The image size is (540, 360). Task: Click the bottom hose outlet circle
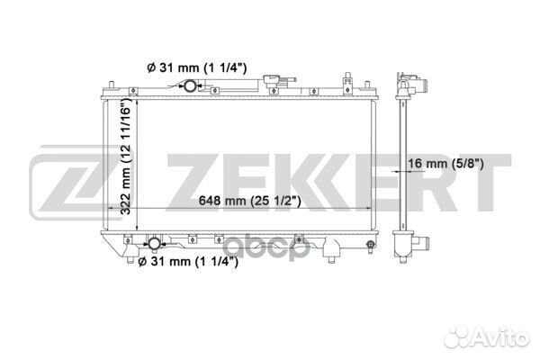[x=154, y=243]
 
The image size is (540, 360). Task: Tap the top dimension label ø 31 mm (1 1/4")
[x=197, y=67]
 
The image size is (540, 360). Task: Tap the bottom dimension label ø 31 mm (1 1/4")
[x=188, y=262]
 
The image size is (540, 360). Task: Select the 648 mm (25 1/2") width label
[x=249, y=201]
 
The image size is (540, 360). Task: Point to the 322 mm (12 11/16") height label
[x=126, y=156]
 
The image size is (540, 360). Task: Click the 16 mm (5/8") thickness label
[x=446, y=163]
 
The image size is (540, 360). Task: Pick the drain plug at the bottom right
[x=371, y=246]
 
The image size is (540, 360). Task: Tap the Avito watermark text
[x=486, y=336]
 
